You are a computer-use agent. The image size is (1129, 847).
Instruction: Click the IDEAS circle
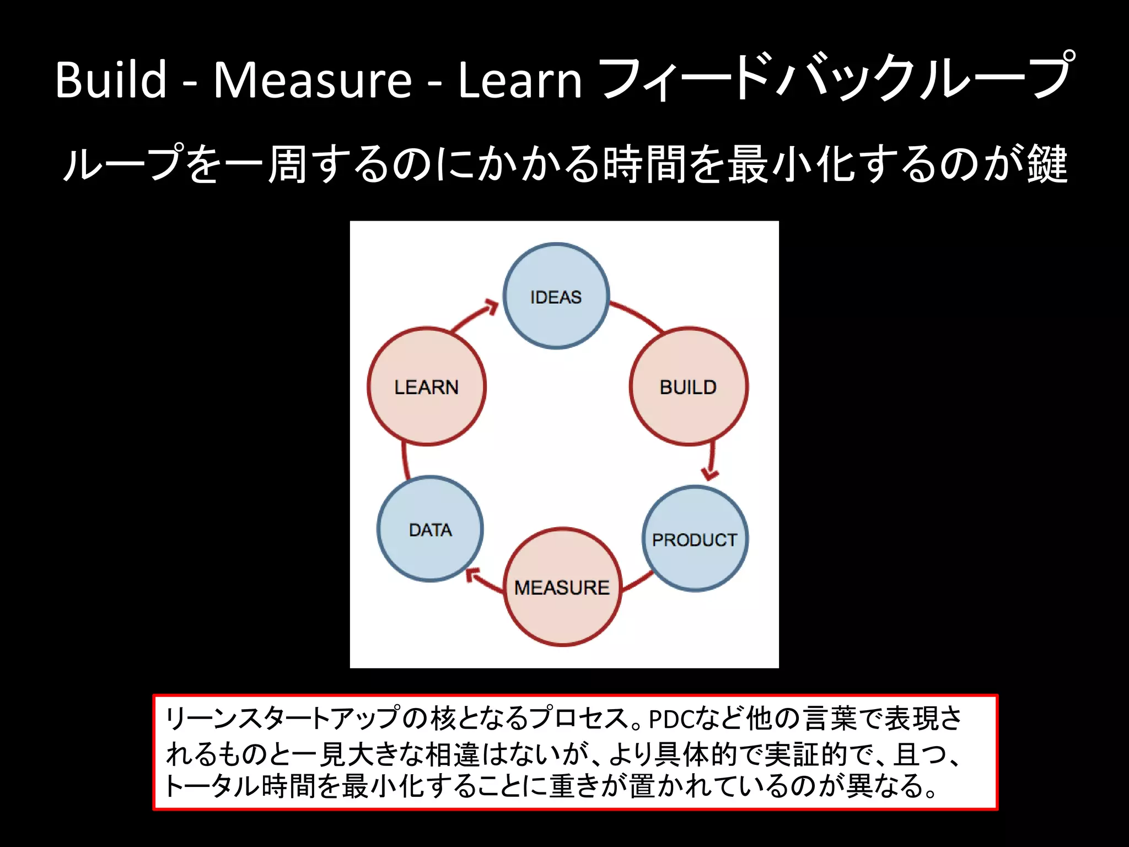(x=556, y=296)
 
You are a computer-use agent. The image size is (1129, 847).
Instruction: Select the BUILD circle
(x=689, y=387)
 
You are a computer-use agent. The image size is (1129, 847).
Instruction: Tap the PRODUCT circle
(x=695, y=539)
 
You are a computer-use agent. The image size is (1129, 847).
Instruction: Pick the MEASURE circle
(x=562, y=587)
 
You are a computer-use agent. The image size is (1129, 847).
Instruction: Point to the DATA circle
(x=430, y=529)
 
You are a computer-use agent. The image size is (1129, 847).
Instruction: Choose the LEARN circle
(x=426, y=387)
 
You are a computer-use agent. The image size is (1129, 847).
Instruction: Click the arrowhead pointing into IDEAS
(x=491, y=307)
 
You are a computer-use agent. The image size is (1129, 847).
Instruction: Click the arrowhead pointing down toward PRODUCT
(x=709, y=473)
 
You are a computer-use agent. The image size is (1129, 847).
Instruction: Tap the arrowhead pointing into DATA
(x=472, y=575)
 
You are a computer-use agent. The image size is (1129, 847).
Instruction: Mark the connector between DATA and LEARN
(x=405, y=460)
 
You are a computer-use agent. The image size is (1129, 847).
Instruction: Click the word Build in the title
(x=111, y=80)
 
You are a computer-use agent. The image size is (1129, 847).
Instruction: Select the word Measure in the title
(x=313, y=80)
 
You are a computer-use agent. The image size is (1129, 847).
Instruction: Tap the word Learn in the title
(x=520, y=80)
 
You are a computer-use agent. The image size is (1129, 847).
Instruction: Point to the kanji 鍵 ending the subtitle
(x=1047, y=164)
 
